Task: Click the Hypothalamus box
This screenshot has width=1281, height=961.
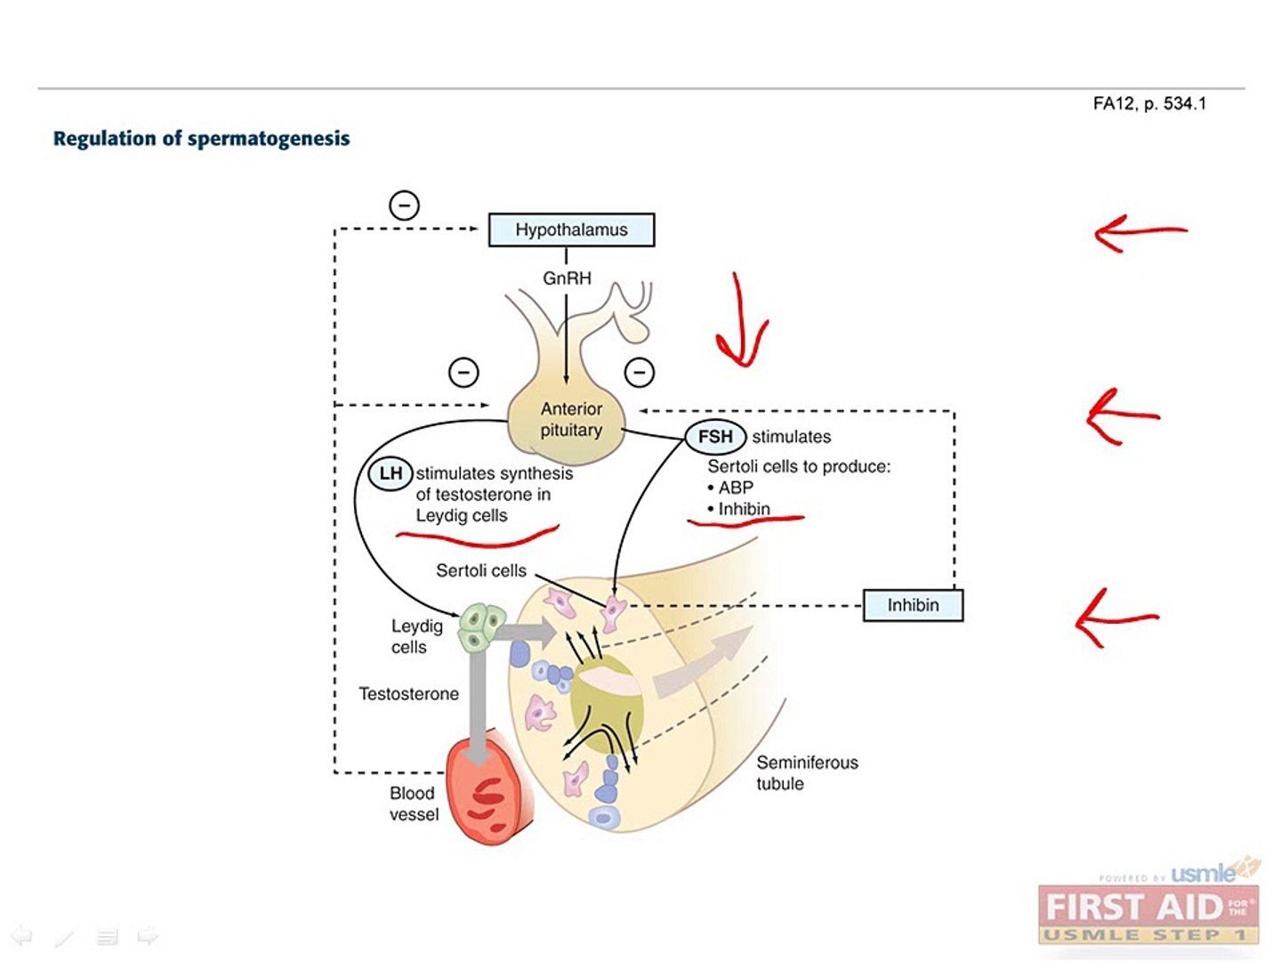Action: click(571, 230)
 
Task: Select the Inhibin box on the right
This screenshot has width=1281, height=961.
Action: click(913, 605)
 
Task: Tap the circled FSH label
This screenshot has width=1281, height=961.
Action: click(715, 437)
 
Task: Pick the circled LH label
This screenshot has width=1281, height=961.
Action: click(391, 473)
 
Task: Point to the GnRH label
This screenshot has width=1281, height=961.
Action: click(567, 279)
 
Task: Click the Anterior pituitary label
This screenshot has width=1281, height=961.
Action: click(571, 419)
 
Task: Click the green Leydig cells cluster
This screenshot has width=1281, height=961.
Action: click(481, 627)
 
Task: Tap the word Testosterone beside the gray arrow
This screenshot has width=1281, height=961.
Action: click(408, 694)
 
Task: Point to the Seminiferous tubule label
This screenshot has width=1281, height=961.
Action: click(806, 772)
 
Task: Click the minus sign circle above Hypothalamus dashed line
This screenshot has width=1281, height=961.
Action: click(404, 206)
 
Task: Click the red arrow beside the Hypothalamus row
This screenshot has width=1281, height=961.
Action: click(1140, 233)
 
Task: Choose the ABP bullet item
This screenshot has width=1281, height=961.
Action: click(733, 488)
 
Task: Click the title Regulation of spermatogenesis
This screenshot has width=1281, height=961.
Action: click(201, 139)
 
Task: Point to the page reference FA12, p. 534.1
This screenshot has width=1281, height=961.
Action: click(1149, 104)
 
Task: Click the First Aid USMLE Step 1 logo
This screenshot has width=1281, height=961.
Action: click(1148, 912)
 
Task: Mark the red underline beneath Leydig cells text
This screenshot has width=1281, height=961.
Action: click(478, 537)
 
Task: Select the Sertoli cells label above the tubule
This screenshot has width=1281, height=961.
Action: click(480, 570)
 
